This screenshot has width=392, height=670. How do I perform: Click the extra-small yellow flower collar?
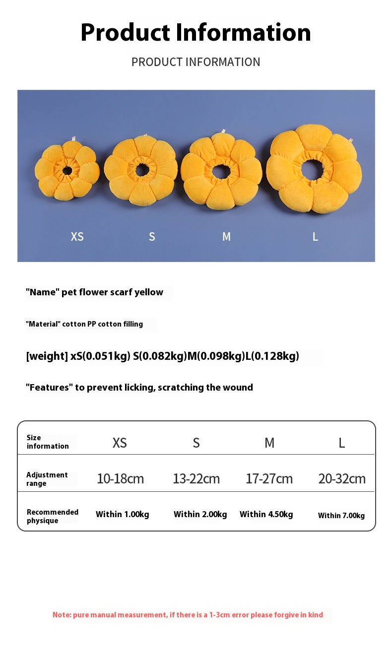67,170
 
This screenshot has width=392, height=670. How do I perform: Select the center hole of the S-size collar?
141,169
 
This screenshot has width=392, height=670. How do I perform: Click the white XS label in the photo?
77,237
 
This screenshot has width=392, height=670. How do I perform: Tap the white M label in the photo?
226,237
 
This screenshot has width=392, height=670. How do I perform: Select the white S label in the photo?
152,237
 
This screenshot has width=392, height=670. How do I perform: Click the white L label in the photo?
315,237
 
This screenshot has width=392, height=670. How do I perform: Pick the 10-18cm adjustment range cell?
120,479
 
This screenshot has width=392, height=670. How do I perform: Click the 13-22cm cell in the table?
196,479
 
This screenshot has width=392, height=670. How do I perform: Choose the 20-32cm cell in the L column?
342,479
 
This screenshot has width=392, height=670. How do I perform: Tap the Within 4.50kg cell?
266,514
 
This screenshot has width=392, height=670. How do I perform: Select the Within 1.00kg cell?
122,514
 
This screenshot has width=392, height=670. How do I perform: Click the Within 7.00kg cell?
341,516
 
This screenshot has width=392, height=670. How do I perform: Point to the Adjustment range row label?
47,479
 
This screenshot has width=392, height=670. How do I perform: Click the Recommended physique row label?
52,516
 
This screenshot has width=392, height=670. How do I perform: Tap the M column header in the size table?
269,443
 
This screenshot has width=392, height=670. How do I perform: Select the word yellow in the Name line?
149,292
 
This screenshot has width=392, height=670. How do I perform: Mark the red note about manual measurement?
188,615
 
